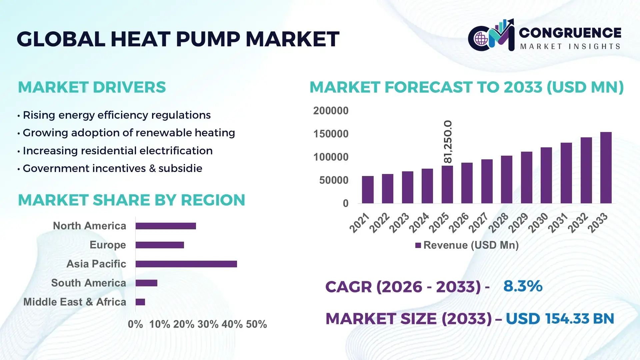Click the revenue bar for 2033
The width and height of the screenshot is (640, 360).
pos(606,168)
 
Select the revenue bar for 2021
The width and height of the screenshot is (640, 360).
pos(368,190)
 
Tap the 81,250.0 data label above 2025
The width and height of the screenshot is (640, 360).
pos(448,142)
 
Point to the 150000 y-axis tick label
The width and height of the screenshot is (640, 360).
pos(331,134)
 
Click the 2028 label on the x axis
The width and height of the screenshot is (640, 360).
pos(498,222)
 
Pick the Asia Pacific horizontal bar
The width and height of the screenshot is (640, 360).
pos(186,264)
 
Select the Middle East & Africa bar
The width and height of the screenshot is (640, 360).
pos(140,302)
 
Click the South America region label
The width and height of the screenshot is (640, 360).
pos(89,283)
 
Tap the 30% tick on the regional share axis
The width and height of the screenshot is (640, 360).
pos(208,324)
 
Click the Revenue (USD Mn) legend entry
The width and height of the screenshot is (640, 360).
pos(467,245)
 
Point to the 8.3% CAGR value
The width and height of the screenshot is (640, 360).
pos(523,286)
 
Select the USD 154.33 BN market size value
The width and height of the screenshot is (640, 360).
pos(560,319)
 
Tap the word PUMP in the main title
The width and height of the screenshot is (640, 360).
pos(208,39)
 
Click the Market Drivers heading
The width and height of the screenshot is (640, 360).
pos(92,87)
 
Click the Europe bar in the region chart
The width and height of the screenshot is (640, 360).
pos(160,245)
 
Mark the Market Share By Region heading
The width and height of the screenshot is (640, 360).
pos(131,200)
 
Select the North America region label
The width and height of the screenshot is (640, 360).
pos(89,226)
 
